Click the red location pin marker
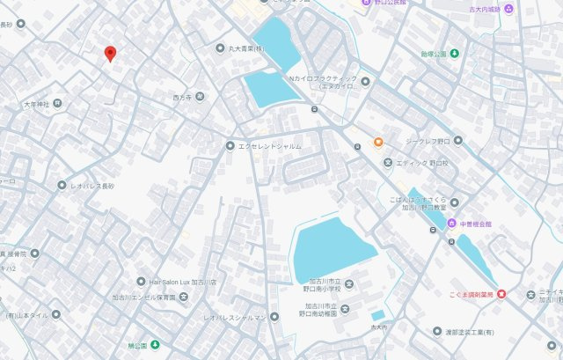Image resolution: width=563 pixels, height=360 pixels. point(109,54)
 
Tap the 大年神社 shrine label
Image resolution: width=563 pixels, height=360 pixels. point(37,104)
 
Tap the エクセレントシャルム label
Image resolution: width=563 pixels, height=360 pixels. point(269,146)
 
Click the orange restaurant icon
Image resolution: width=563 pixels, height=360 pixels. point(378,141)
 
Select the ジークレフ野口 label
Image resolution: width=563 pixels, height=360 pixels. point(431,141)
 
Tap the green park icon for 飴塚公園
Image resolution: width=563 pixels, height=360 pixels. point(454,53)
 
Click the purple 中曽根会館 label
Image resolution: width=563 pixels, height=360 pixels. point(479,224)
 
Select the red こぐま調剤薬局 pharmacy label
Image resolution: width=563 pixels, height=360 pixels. point(466,294)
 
